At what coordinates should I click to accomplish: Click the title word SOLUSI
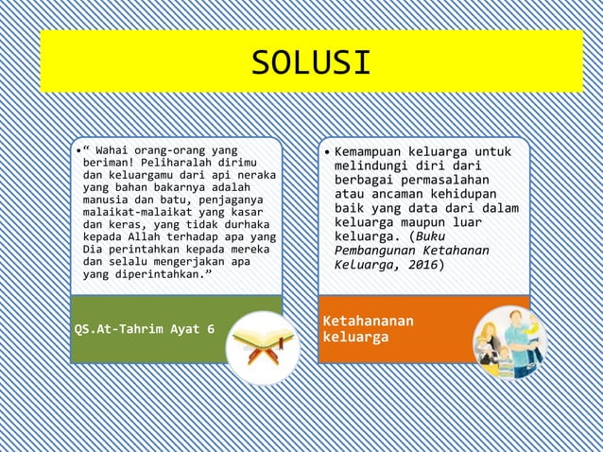[x=311, y=62]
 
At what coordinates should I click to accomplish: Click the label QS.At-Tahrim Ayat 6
[x=144, y=329]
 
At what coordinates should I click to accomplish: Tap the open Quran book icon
[x=263, y=347]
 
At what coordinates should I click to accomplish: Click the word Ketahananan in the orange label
[x=368, y=321]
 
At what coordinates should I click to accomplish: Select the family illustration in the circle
[x=510, y=342]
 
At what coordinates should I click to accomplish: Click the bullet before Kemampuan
[x=324, y=152]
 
